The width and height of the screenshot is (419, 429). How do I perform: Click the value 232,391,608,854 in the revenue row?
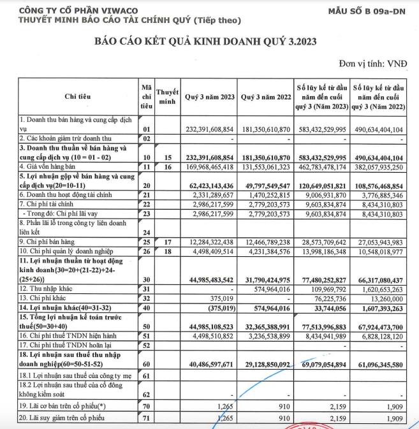click(209, 128)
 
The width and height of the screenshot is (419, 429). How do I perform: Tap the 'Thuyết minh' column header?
click(167, 96)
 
